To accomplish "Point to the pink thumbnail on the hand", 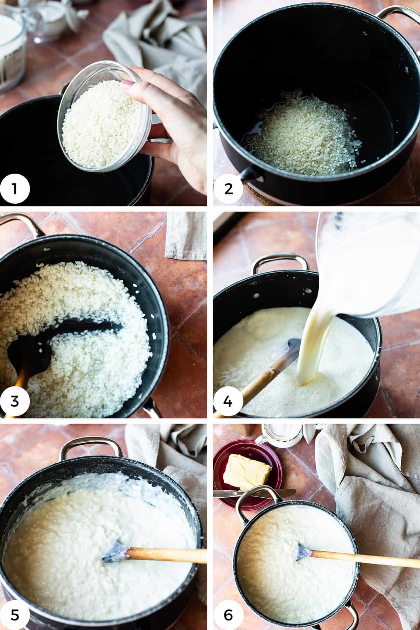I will [128, 84].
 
